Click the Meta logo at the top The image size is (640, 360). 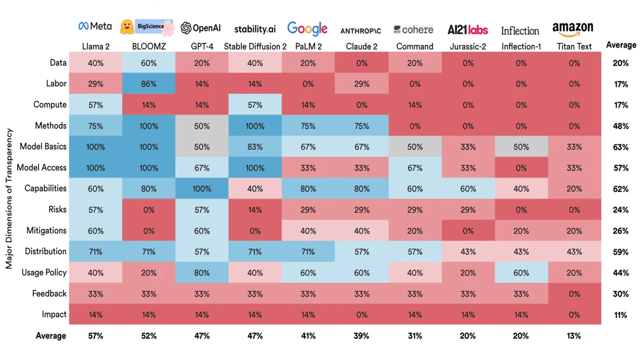pos(95,26)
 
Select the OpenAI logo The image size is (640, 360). pos(201,28)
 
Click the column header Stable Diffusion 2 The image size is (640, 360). pos(255,46)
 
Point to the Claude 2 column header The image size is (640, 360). pos(362,46)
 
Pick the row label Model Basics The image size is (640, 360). pos(43,147)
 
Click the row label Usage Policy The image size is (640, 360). pos(44,273)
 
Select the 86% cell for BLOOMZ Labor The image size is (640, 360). pos(149,84)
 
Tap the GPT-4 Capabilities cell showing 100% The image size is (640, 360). pos(202,188)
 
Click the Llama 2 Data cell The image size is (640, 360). pos(95,63)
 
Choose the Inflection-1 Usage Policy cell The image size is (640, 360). pos(521,273)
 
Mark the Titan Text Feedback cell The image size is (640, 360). pos(574,293)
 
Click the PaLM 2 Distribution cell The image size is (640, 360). pos(308,252)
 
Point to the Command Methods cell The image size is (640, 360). pos(415,126)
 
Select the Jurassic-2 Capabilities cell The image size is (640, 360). pos(468,188)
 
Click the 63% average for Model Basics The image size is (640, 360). pos(620,147)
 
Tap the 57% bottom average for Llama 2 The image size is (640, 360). pos(95,336)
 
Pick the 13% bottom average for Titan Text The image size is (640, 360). pos(574,336)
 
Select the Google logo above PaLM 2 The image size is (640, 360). pos(307,28)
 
